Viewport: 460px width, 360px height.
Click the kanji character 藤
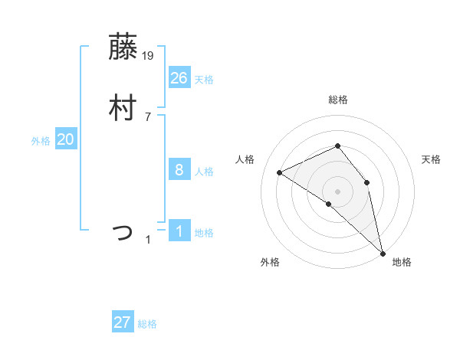pyautogui.click(x=123, y=47)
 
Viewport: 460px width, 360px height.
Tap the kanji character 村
pyautogui.click(x=123, y=107)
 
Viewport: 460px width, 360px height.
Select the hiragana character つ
pyautogui.click(x=123, y=231)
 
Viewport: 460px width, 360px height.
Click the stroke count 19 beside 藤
pyautogui.click(x=149, y=55)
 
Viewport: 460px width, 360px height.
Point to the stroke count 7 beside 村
pyautogui.click(x=148, y=116)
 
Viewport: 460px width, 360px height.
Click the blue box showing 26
pyautogui.click(x=179, y=77)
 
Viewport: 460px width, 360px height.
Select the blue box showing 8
pyautogui.click(x=179, y=170)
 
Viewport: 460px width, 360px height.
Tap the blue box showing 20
pyautogui.click(x=66, y=139)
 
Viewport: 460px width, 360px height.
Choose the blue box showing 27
pyautogui.click(x=123, y=322)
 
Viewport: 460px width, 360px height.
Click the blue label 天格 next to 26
pyautogui.click(x=204, y=80)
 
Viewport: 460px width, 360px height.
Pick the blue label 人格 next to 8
pyautogui.click(x=204, y=172)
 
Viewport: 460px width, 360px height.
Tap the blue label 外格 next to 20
pyautogui.click(x=41, y=141)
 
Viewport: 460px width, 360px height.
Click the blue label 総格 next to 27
pyautogui.click(x=147, y=324)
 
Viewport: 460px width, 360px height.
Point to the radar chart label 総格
pyautogui.click(x=337, y=100)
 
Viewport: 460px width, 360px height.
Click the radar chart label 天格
pyautogui.click(x=432, y=159)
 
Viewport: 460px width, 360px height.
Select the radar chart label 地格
pyautogui.click(x=402, y=262)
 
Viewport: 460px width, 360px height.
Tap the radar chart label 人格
pyautogui.click(x=245, y=159)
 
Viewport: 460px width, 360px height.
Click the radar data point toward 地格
pyautogui.click(x=383, y=252)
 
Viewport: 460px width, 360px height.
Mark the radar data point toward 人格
pyautogui.click(x=280, y=172)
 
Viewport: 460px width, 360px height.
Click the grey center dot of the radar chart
pyautogui.click(x=337, y=191)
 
